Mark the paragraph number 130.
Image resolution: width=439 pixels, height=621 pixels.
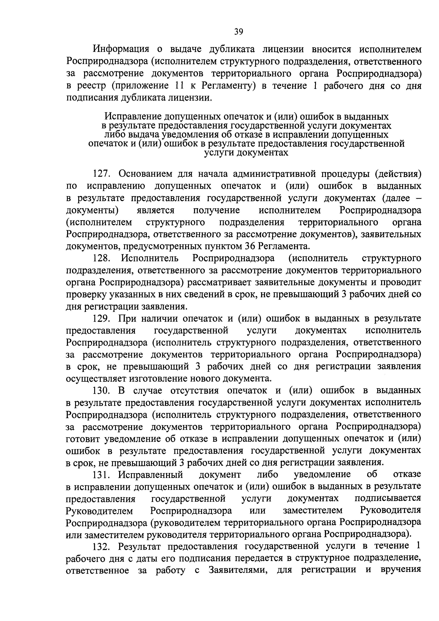pos(101,391)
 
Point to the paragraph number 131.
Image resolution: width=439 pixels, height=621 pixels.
pos(101,475)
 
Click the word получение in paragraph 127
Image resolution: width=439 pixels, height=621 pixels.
pos(216,210)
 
